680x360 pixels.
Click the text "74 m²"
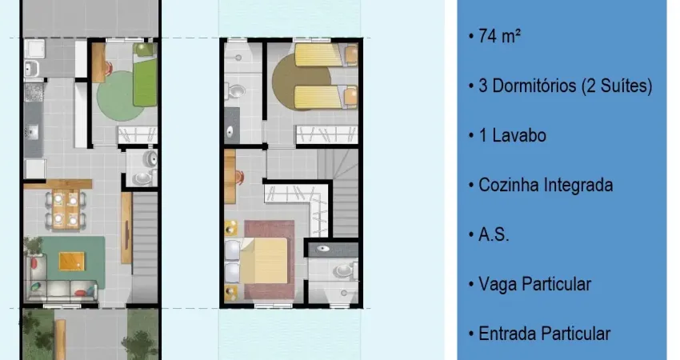point(500,36)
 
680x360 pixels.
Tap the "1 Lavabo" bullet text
point(512,135)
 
